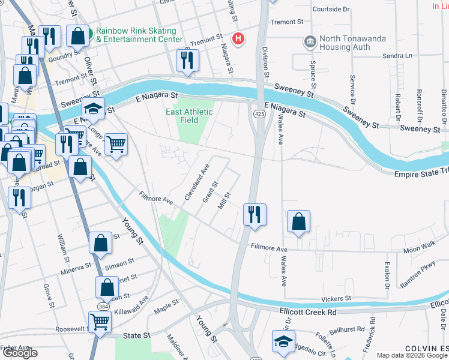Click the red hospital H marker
pos(239,40)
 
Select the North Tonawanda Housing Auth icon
pos(310,42)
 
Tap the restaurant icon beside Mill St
pos(255,214)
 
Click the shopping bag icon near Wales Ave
pos(298,221)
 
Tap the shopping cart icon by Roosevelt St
pos(100,322)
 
